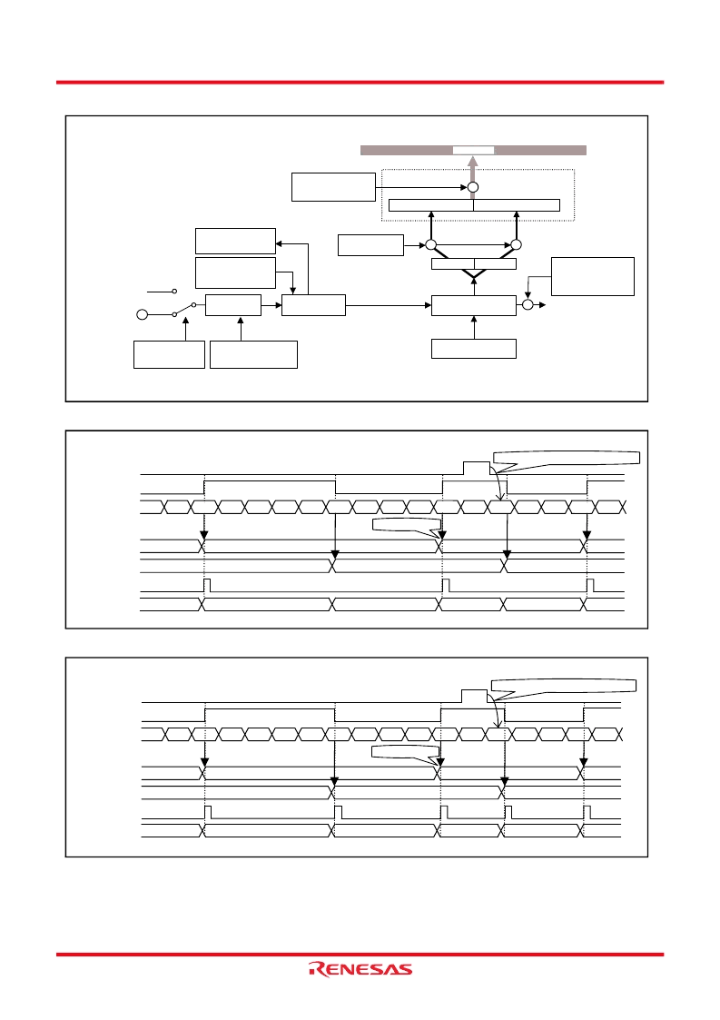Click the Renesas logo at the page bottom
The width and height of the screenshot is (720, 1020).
360,969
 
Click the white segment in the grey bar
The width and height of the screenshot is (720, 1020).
474,150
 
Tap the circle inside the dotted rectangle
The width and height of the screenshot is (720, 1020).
473,187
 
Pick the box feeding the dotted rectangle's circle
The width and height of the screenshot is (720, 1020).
333,187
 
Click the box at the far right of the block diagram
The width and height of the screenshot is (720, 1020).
593,276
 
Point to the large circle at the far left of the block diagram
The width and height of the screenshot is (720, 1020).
142,315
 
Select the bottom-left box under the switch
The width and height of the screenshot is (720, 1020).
169,354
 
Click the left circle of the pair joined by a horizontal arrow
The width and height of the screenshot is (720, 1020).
430,244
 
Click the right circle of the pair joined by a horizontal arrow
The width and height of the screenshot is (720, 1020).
516,244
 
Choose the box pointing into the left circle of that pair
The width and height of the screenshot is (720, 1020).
370,245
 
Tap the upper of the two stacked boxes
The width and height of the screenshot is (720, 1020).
235,241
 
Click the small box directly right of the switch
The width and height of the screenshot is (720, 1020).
232,305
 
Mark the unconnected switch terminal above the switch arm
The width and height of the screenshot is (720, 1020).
174,292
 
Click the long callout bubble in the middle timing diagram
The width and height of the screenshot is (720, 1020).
566,460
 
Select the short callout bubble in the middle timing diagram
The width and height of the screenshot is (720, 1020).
406,526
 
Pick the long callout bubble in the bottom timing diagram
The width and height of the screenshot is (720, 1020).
563,687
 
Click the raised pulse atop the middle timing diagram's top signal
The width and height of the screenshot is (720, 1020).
476,468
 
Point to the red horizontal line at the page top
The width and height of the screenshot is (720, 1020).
360,82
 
